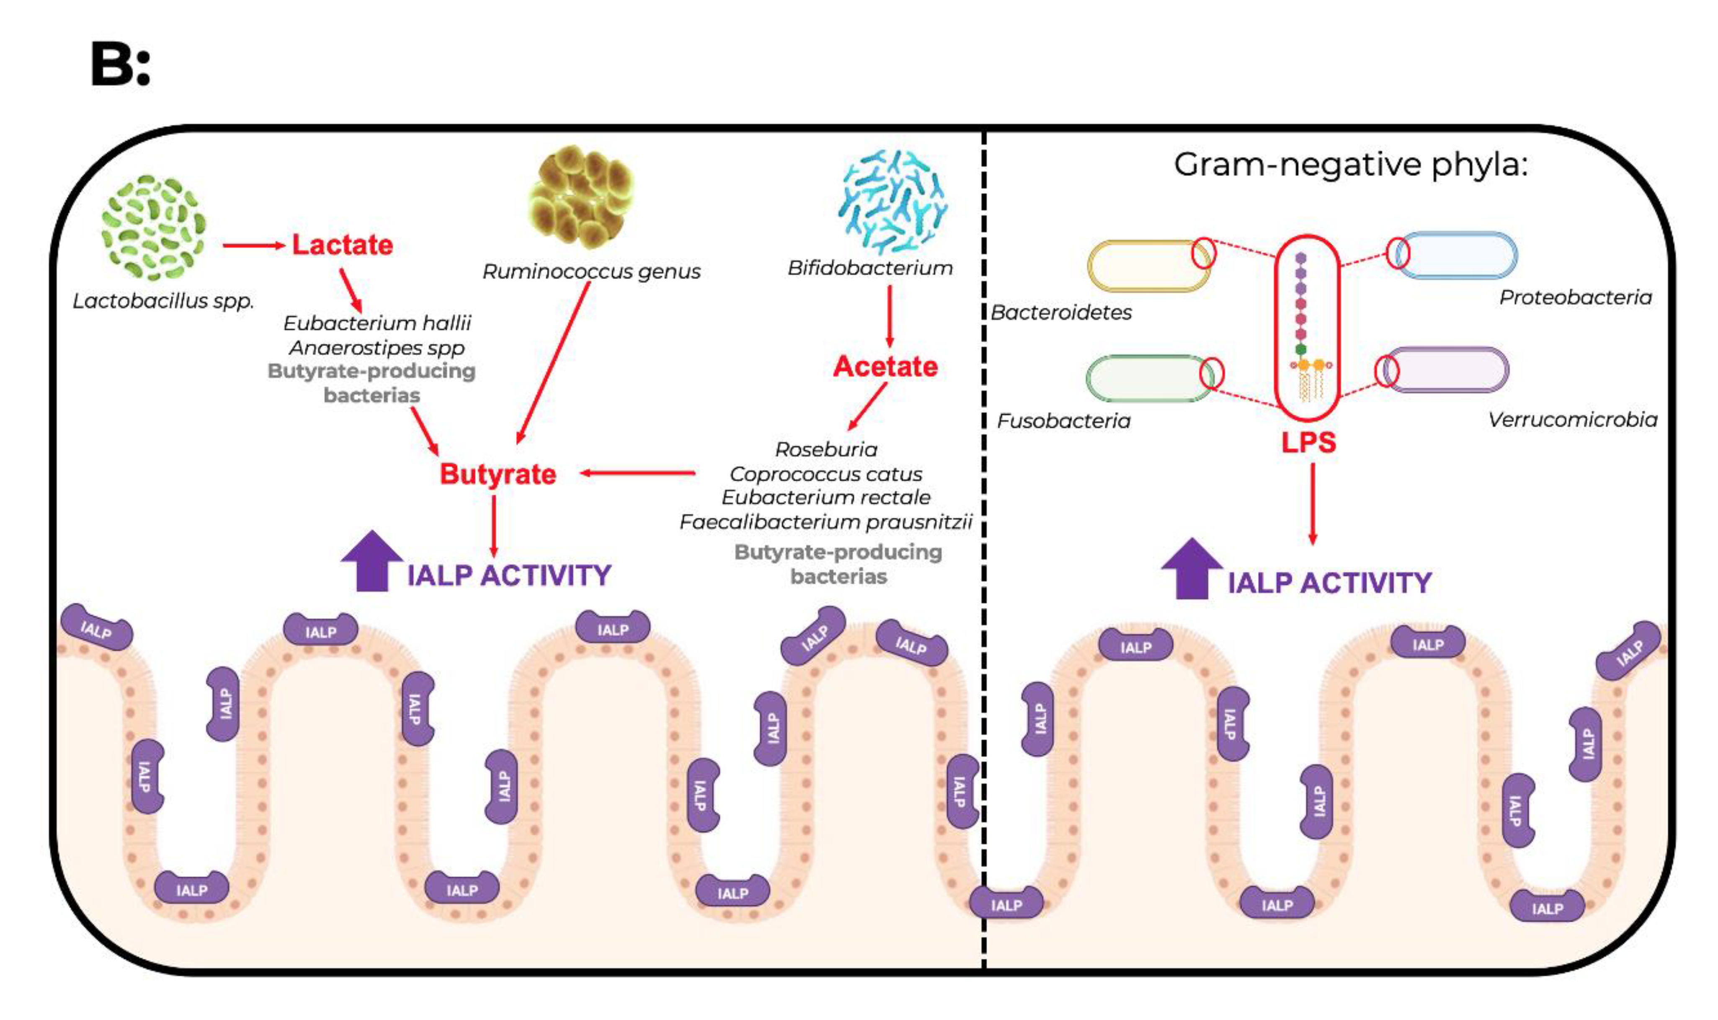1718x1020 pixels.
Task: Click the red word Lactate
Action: (342, 245)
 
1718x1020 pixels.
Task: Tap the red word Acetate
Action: (885, 367)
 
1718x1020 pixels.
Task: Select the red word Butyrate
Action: (498, 474)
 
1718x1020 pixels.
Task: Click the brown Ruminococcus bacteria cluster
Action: (580, 196)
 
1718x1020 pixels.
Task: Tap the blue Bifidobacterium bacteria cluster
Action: (892, 202)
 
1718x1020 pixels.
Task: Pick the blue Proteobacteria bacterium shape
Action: (1457, 255)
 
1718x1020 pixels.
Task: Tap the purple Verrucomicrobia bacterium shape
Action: (1447, 370)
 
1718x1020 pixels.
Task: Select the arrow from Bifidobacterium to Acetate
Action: (890, 316)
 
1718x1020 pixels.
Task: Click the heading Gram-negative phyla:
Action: (1350, 165)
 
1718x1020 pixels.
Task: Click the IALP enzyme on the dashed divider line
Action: (1006, 904)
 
